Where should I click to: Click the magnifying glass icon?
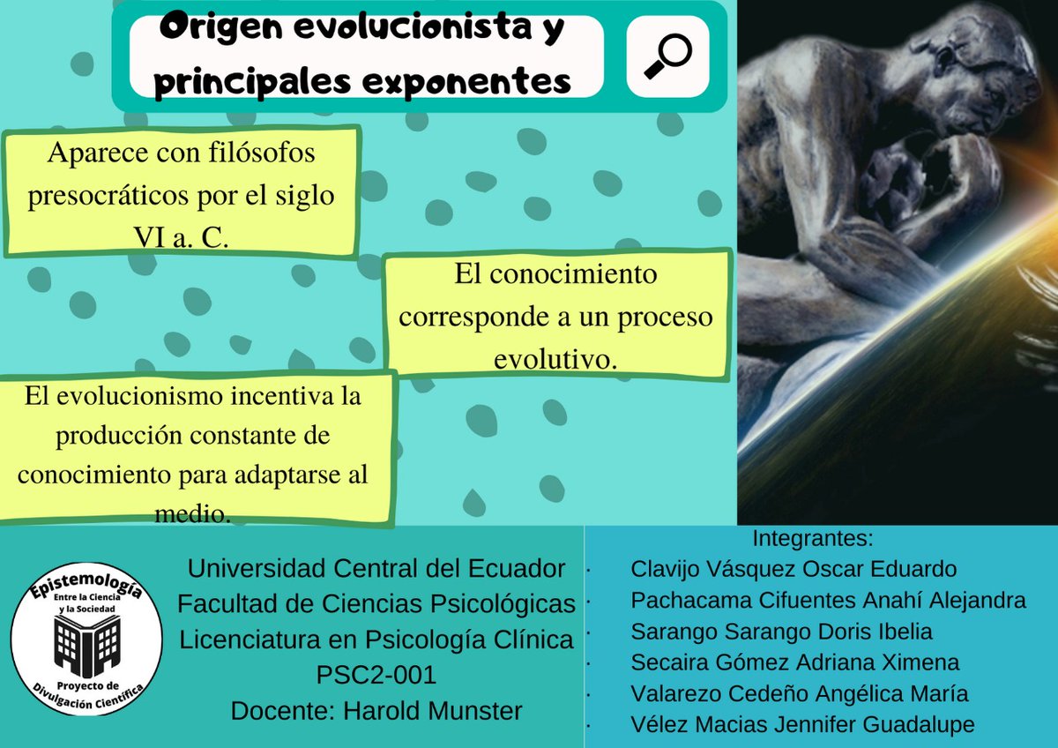click(x=667, y=56)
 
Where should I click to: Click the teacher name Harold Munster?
click(x=428, y=710)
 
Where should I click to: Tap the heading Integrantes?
click(x=812, y=538)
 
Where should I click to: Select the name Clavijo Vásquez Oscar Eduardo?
click(x=793, y=569)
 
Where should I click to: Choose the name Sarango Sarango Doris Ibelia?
click(x=781, y=632)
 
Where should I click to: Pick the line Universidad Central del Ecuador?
click(x=376, y=569)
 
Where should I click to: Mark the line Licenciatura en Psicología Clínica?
click(x=376, y=640)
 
